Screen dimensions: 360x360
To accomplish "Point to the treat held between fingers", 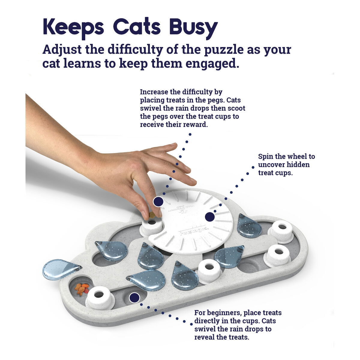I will [x=152, y=215].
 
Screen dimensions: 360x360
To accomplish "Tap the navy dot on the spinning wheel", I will [x=210, y=217].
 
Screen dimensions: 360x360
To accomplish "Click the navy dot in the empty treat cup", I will [x=134, y=298].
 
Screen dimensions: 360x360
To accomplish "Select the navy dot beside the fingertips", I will [x=158, y=202].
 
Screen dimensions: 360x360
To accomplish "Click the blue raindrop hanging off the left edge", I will [x=60, y=269].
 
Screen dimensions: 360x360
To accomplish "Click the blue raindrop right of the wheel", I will [x=249, y=226].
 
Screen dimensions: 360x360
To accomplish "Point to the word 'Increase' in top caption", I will [x=154, y=92].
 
